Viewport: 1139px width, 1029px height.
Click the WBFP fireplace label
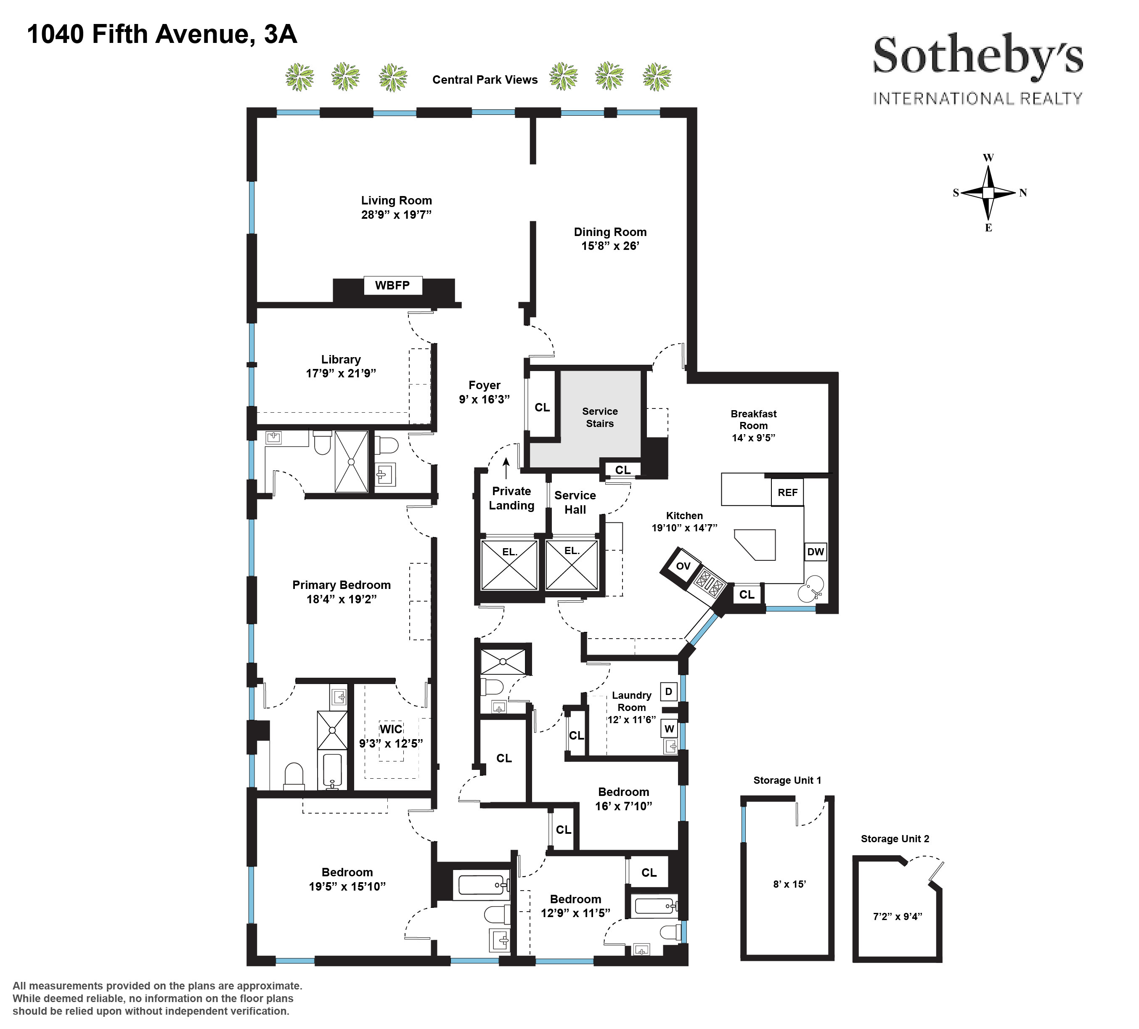(392, 285)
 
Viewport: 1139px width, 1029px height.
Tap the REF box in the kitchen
(787, 492)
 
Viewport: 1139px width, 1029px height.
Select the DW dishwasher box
(815, 552)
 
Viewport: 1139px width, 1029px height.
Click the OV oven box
(683, 566)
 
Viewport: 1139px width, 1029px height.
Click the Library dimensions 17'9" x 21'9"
(341, 374)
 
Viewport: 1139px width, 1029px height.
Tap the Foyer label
(484, 385)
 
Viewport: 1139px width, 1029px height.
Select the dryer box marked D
(668, 691)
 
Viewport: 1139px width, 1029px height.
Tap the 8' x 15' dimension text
(789, 884)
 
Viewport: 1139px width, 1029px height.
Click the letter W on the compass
(988, 158)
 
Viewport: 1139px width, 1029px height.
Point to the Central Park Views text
(485, 80)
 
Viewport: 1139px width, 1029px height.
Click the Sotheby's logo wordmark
(977, 58)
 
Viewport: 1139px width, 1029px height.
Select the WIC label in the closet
(391, 729)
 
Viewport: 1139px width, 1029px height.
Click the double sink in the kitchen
(811, 588)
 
